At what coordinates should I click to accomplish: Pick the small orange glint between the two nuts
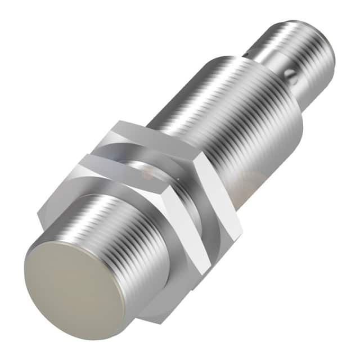click(147, 175)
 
